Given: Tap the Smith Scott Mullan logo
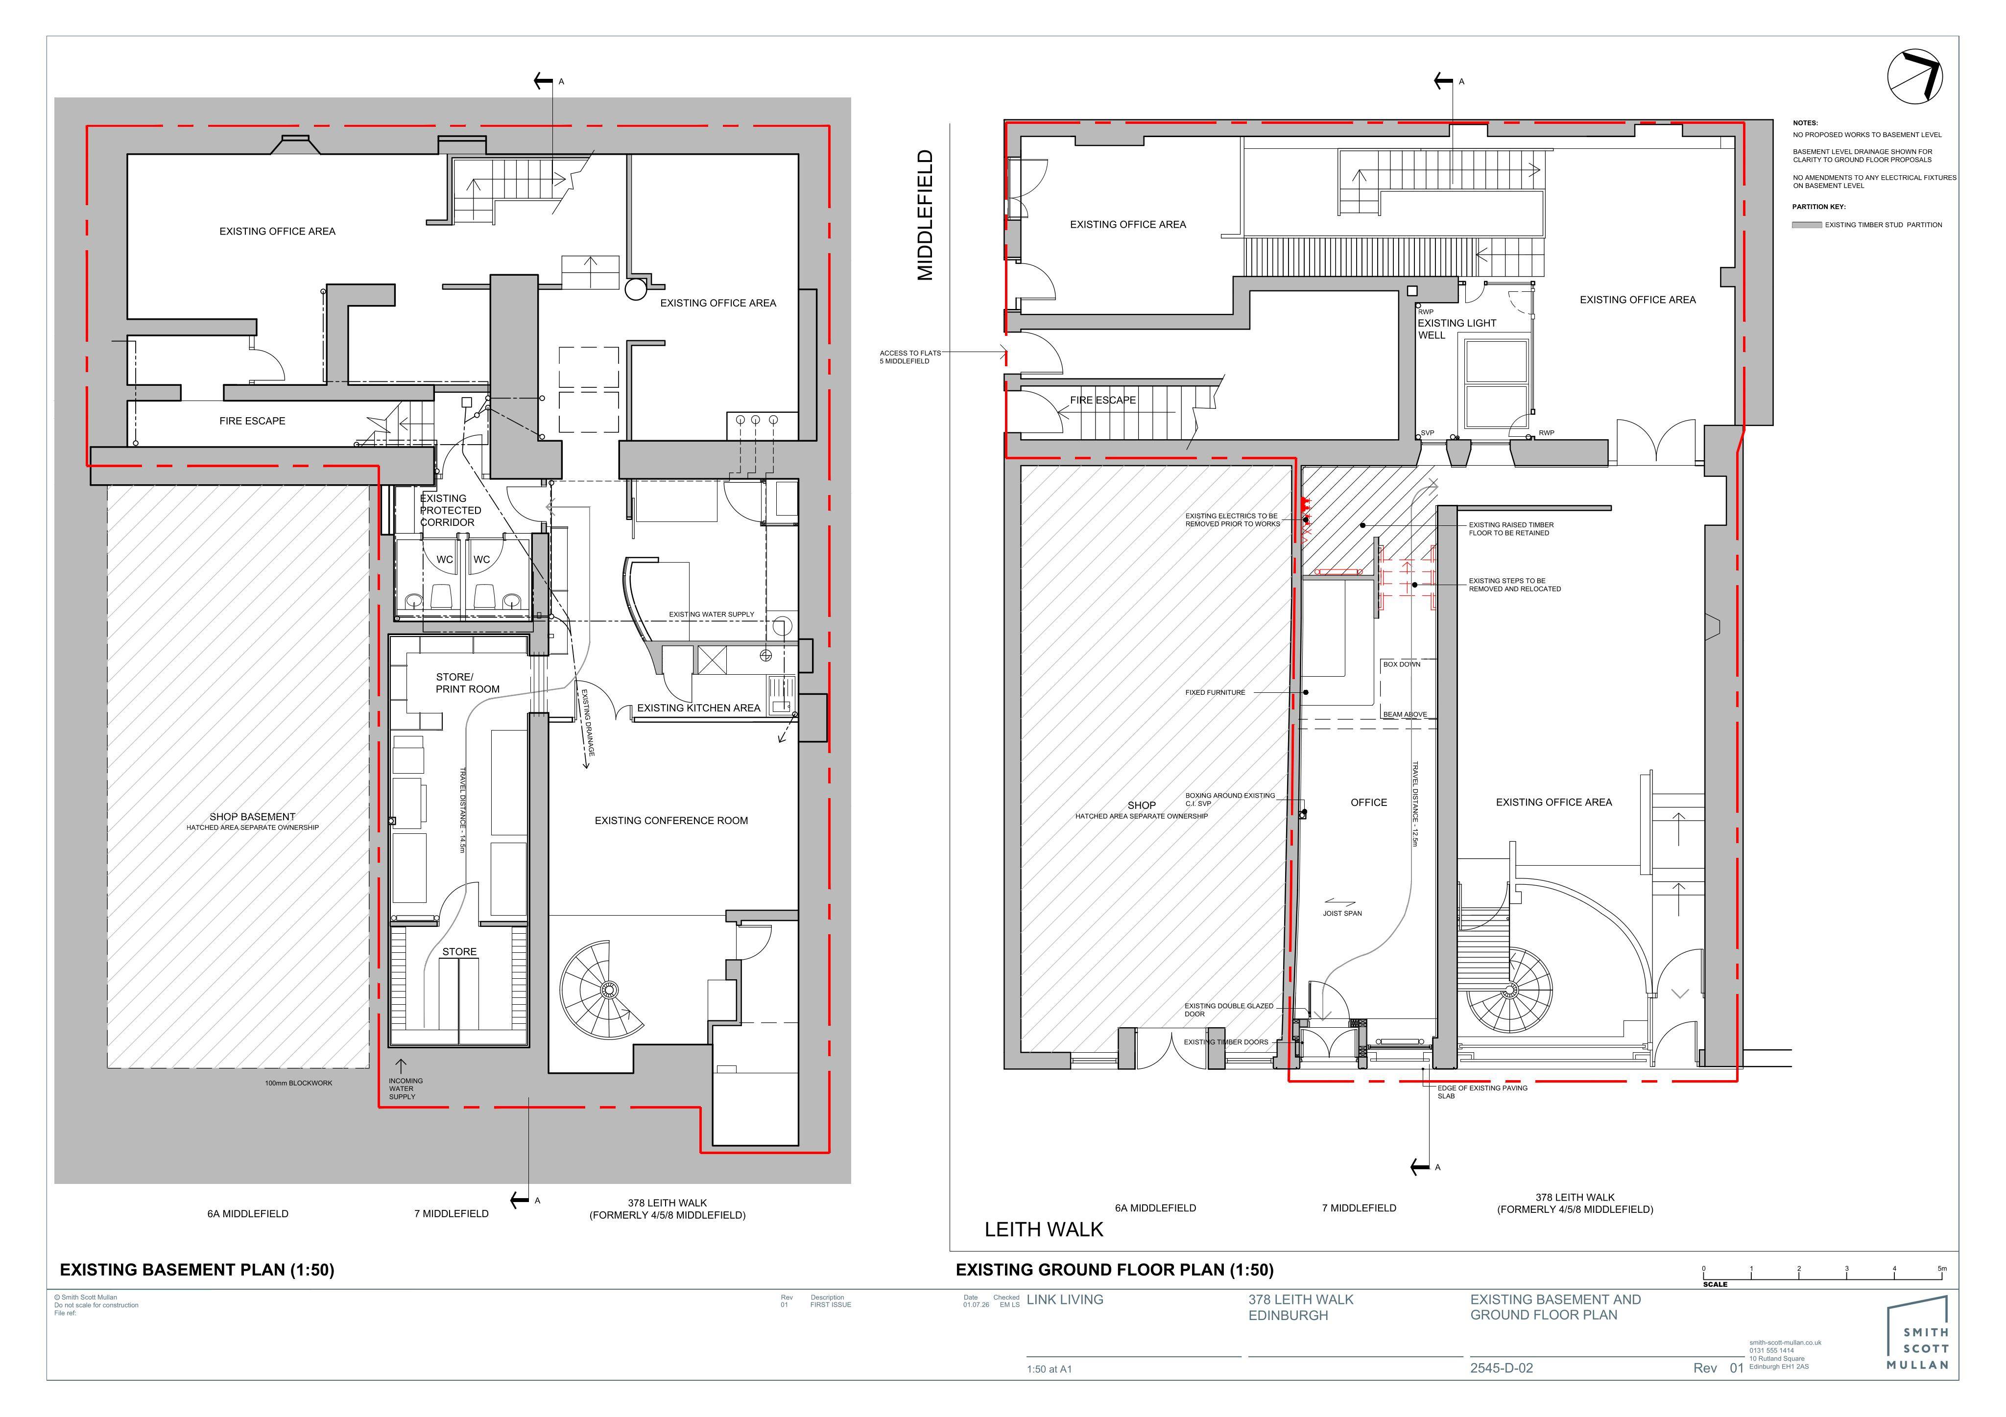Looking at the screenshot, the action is (x=1918, y=1333).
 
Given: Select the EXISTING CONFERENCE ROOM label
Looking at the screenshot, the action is (x=671, y=820).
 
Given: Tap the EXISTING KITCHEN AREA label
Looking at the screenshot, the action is (x=698, y=708).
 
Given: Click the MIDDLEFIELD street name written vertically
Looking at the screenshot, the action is (x=924, y=215).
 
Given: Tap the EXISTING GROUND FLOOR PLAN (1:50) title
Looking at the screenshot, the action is (x=1114, y=1269).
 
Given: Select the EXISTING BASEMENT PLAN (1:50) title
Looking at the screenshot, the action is (x=196, y=1269).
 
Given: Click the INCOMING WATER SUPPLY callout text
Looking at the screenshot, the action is (x=406, y=1088).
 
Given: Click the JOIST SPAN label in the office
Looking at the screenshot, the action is (x=1342, y=913).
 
